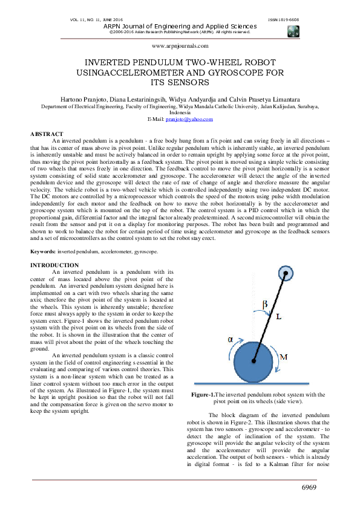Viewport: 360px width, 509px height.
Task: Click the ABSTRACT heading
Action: tap(47, 134)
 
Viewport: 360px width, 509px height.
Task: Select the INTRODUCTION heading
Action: tap(54, 265)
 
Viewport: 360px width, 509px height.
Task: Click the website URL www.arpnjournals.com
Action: tap(180, 45)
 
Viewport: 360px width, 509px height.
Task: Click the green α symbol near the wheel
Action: tap(231, 339)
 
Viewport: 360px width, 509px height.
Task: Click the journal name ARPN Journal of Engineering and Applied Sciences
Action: tap(180, 27)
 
